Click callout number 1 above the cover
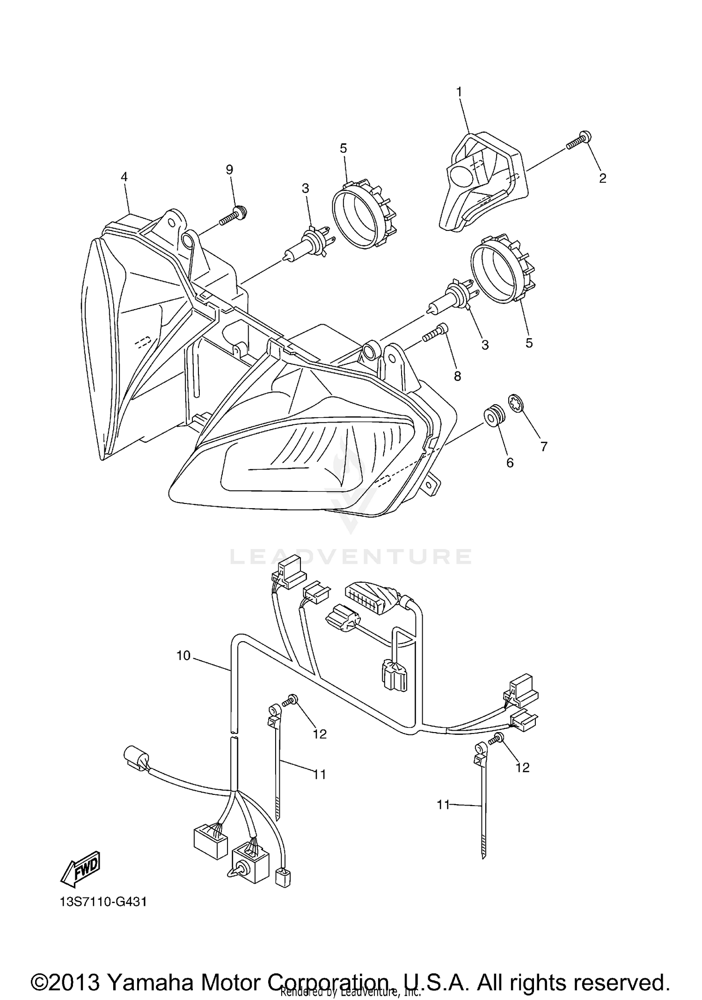tap(459, 92)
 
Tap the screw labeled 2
tap(579, 140)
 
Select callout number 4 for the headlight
tap(124, 177)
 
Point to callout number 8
tap(457, 376)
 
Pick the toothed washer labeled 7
tap(516, 403)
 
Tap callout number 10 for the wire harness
tap(183, 656)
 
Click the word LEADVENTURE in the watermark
tap(351, 556)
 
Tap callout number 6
tap(510, 462)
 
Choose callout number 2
tap(603, 178)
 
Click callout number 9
tap(229, 170)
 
